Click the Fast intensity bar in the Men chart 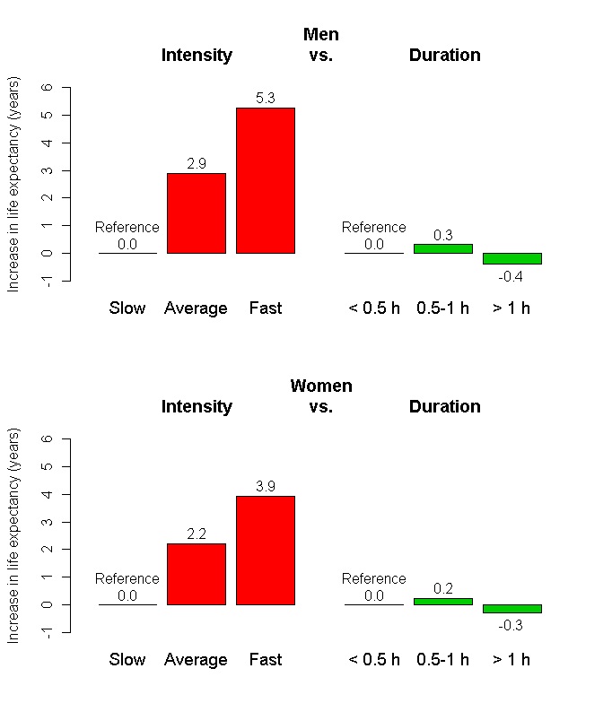(x=266, y=180)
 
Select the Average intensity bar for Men (x=197, y=213)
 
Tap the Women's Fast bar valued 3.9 (x=266, y=550)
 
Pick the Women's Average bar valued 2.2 (x=197, y=574)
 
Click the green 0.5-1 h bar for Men (x=442, y=248)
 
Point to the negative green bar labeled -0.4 (x=511, y=258)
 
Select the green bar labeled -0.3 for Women (x=511, y=609)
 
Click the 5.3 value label (x=266, y=98)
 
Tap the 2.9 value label (x=197, y=163)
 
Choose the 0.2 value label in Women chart (x=442, y=588)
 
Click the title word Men (x=321, y=35)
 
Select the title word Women (x=321, y=386)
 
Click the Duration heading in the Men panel (x=444, y=55)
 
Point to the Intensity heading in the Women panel (x=197, y=406)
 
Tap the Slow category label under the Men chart (x=127, y=308)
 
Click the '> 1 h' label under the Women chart (x=511, y=660)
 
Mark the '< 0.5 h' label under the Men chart (x=374, y=308)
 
